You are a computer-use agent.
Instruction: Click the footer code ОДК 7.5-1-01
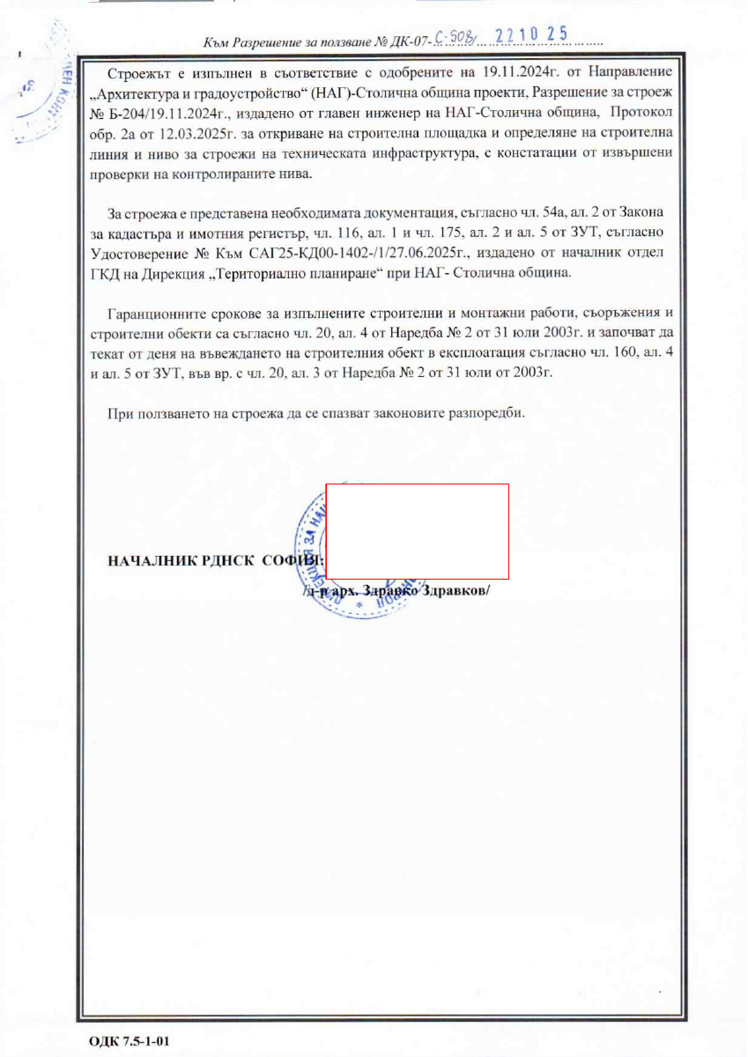click(x=129, y=1041)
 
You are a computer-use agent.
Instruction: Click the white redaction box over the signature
click(x=417, y=530)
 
